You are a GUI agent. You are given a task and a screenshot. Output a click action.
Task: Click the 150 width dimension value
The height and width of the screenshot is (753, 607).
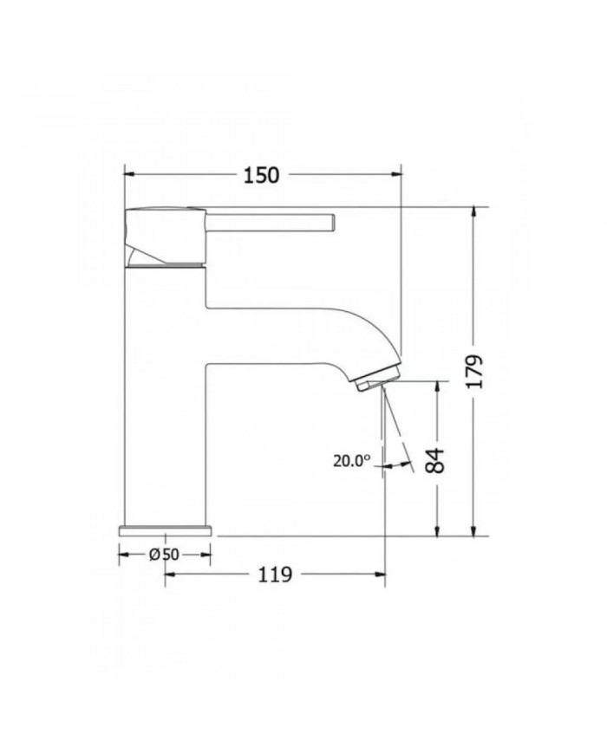point(261,174)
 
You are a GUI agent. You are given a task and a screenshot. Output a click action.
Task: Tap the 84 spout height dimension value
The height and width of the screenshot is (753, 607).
point(438,460)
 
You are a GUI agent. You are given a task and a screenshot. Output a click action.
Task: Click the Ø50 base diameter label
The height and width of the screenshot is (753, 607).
point(164,555)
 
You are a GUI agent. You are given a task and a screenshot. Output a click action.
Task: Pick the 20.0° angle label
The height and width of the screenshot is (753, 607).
point(351,461)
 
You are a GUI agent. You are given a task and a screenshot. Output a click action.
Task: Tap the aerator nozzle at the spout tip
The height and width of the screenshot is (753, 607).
point(376,379)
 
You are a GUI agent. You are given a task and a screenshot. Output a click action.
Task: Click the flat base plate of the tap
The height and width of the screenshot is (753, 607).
point(165,529)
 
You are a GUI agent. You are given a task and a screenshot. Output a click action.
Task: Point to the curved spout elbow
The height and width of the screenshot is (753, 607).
point(364,334)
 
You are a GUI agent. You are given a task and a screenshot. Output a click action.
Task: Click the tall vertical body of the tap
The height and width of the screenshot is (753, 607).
point(165,399)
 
